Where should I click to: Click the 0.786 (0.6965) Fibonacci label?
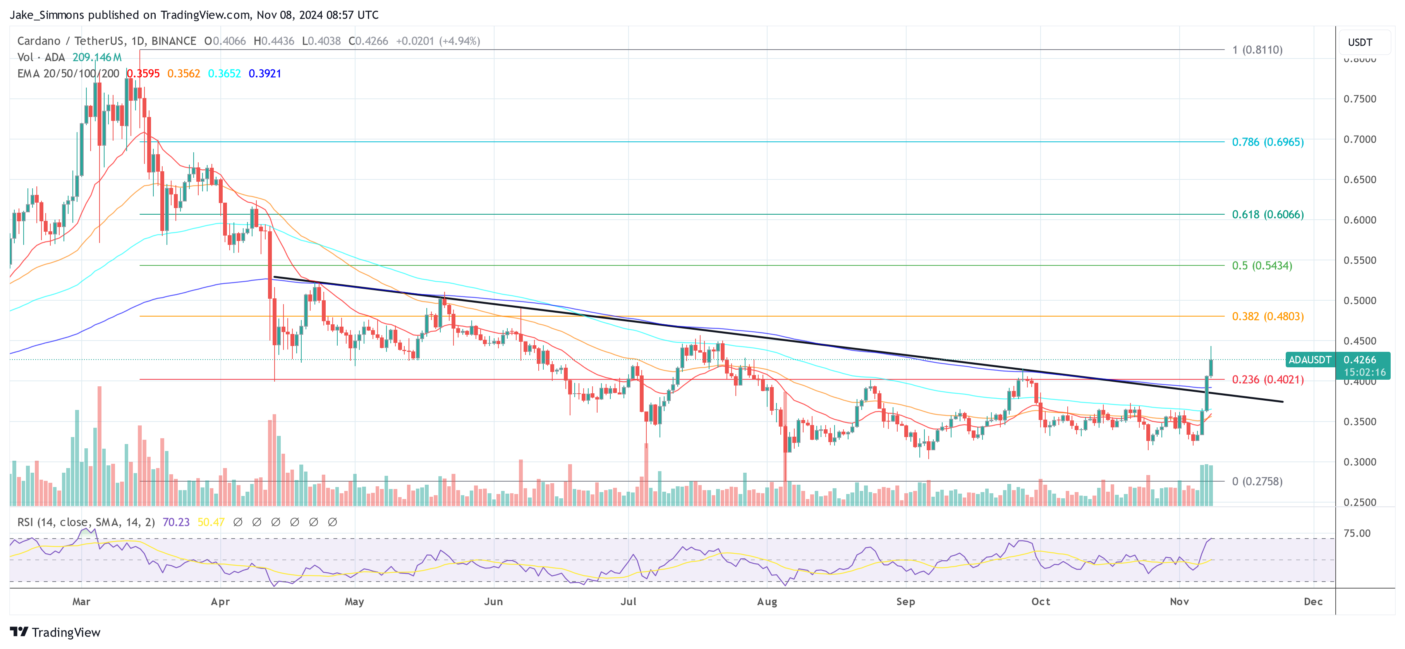pyautogui.click(x=1267, y=142)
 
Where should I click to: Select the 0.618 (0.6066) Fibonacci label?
pyautogui.click(x=1267, y=215)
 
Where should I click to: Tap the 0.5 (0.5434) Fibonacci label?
pyautogui.click(x=1262, y=266)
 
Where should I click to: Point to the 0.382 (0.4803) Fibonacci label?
pyautogui.click(x=1267, y=317)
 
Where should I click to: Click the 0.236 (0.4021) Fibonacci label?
pyautogui.click(x=1267, y=379)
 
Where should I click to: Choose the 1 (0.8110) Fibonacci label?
pyautogui.click(x=1257, y=50)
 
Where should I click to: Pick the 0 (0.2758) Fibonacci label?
pyautogui.click(x=1257, y=482)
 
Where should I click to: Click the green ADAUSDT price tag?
pyautogui.click(x=1309, y=360)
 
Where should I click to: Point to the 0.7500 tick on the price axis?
pyautogui.click(x=1359, y=99)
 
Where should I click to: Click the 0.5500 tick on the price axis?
pyautogui.click(x=1359, y=260)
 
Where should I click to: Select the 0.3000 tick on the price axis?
pyautogui.click(x=1359, y=462)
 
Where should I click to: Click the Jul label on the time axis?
pyautogui.click(x=628, y=601)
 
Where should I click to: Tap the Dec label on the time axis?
pyautogui.click(x=1313, y=601)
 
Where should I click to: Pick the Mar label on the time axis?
pyautogui.click(x=81, y=601)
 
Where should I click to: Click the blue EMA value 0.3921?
pyautogui.click(x=265, y=74)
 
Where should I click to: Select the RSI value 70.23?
pyautogui.click(x=176, y=522)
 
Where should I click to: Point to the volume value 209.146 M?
pyautogui.click(x=97, y=57)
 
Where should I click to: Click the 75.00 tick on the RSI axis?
pyautogui.click(x=1357, y=533)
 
